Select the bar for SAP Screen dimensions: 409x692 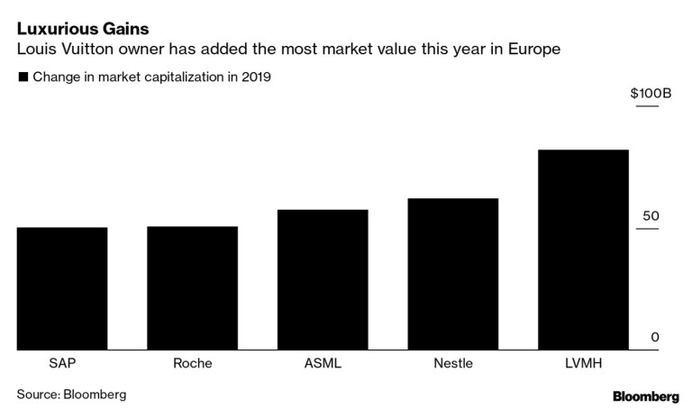tap(62, 288)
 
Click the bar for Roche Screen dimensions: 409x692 tap(192, 288)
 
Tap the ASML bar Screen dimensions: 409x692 tap(323, 279)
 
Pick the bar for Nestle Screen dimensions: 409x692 tap(452, 274)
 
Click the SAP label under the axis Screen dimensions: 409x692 tap(62, 364)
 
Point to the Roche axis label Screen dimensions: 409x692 tap(192, 364)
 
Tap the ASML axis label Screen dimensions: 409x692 tap(323, 364)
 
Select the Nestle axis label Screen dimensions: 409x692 tap(452, 364)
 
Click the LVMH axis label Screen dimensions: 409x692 tap(583, 364)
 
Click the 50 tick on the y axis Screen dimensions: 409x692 tap(651, 216)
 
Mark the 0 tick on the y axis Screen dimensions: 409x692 tap(655, 337)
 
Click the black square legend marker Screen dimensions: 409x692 tap(23, 77)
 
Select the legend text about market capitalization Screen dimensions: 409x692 tap(152, 77)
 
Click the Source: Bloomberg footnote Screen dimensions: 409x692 tap(71, 394)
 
